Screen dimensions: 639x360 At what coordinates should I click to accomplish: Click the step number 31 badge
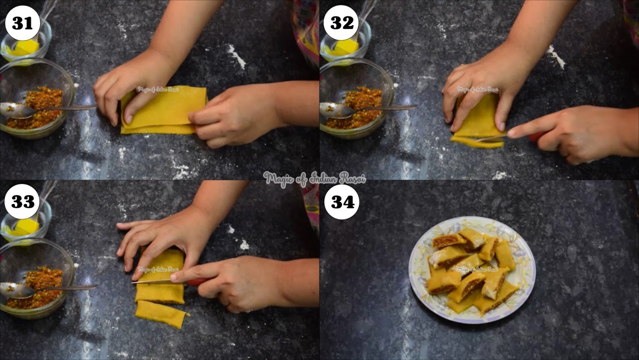point(22,23)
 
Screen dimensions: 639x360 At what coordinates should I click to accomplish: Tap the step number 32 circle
point(341,23)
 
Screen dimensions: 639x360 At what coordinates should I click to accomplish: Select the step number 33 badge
point(22,201)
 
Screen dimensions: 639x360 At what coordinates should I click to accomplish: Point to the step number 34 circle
point(342,202)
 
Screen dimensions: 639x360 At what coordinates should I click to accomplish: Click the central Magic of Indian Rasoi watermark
point(314,179)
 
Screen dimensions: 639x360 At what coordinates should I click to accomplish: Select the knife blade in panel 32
point(491,138)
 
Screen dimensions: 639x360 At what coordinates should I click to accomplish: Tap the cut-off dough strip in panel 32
point(477,142)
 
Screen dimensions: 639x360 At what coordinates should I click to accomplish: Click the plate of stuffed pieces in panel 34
point(472,269)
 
